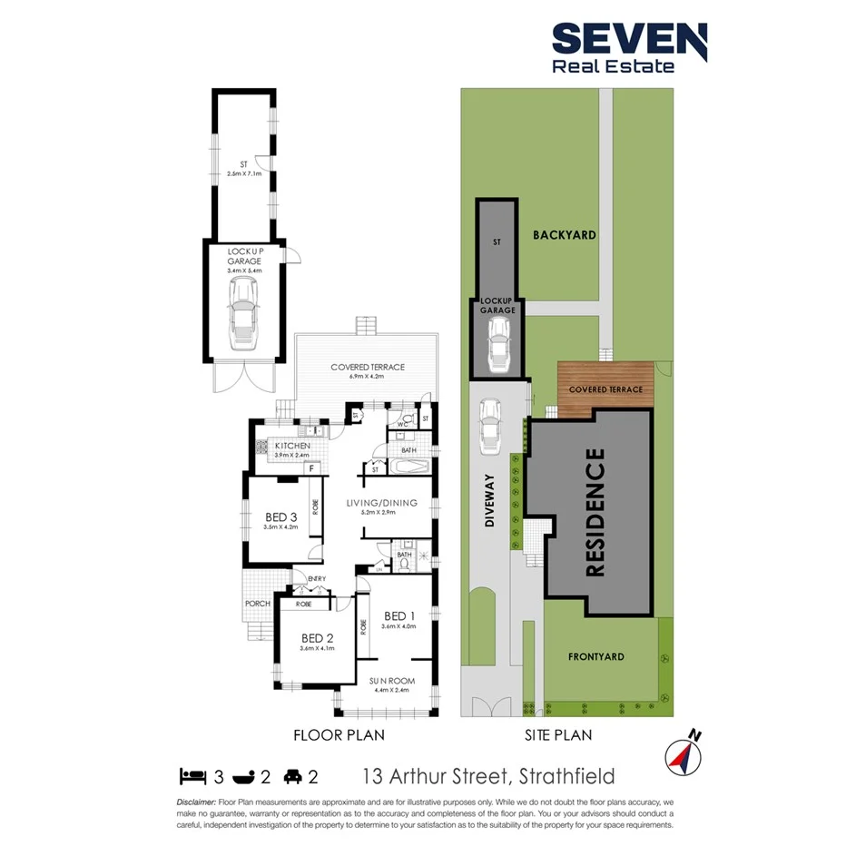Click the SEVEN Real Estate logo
tap(629, 47)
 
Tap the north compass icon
tap(683, 755)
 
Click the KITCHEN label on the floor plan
tap(291, 446)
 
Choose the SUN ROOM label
tap(391, 681)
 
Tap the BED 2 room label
tap(318, 638)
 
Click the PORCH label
tap(258, 604)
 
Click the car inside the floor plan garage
tap(242, 314)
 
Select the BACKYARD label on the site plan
tap(565, 235)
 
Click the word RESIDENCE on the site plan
tap(595, 513)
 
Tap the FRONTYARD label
tap(595, 656)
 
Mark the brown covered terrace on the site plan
tap(605, 387)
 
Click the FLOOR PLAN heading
tap(339, 735)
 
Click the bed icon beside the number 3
tap(192, 776)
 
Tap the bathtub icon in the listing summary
tap(244, 776)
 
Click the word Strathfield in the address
tap(565, 776)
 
